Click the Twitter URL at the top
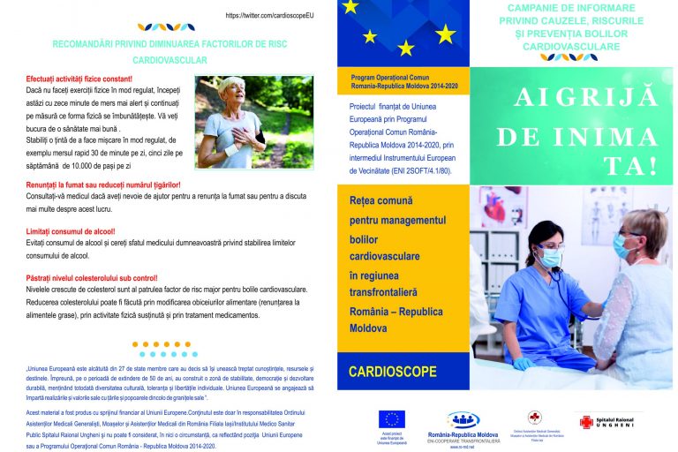coord(269,16)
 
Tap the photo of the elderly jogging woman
coord(253,122)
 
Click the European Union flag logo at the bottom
coord(390,418)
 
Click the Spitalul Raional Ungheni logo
coord(610,422)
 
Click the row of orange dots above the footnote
coord(167,344)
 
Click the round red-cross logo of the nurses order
coord(535,418)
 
